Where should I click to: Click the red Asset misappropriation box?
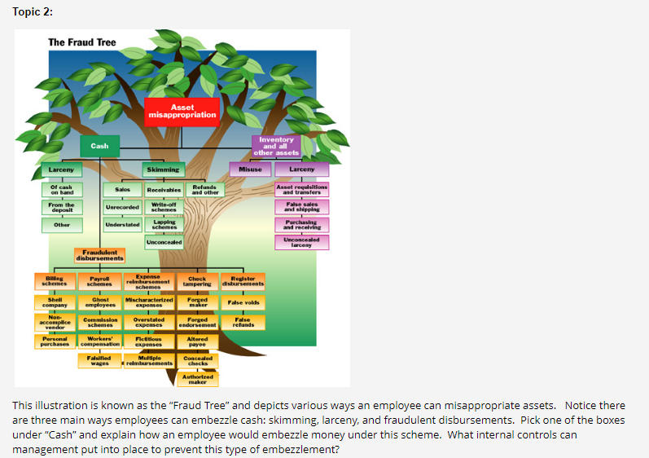(182, 111)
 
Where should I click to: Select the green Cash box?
(99, 146)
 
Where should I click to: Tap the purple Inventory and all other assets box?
(276, 147)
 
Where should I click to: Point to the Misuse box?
(250, 170)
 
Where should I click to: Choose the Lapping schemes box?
(164, 224)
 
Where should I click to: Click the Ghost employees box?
(100, 303)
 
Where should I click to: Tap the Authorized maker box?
(197, 380)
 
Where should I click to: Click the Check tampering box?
(197, 282)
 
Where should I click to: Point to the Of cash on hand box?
(61, 189)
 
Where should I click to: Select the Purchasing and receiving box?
(300, 224)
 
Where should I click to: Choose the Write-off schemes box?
(164, 206)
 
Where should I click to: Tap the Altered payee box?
(197, 342)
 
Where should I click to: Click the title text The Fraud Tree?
(81, 42)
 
